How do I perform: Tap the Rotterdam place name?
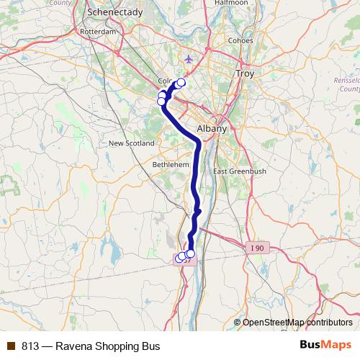(x=99, y=32)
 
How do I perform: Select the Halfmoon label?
(x=231, y=3)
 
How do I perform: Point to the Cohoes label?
(x=240, y=40)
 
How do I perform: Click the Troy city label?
(x=246, y=74)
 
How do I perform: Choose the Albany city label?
(x=211, y=129)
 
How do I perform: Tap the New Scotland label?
(x=131, y=143)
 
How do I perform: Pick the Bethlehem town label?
(x=171, y=165)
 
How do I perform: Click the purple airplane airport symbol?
(x=189, y=58)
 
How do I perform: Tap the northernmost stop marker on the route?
(x=181, y=83)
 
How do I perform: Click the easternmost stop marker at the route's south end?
(x=191, y=253)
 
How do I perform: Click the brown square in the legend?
(x=11, y=346)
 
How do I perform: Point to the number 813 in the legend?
(x=30, y=346)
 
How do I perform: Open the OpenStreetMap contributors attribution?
(x=297, y=322)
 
